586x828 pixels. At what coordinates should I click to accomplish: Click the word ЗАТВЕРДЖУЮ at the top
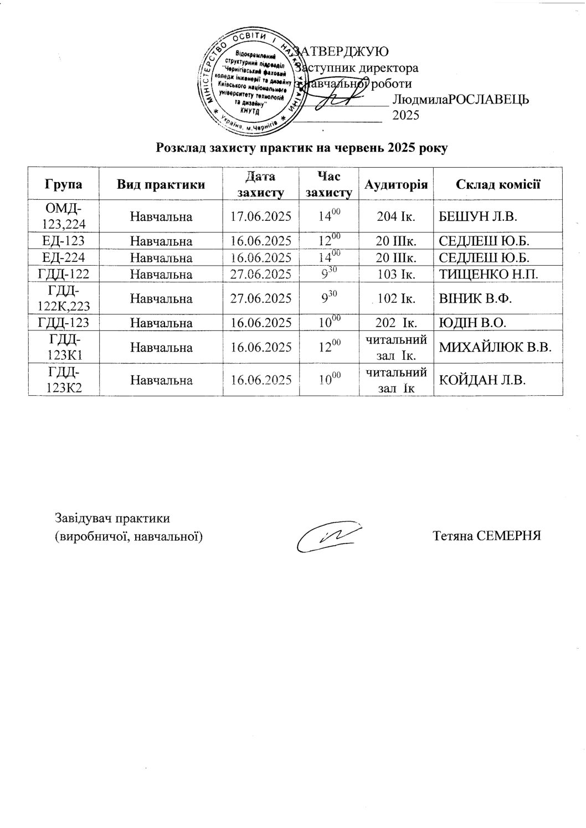pos(342,51)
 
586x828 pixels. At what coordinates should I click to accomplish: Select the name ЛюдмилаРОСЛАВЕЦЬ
pos(460,100)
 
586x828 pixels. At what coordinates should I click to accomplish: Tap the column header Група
pos(63,184)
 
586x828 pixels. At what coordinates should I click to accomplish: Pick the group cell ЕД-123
pos(63,241)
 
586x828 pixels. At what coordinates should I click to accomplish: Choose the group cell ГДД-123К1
pos(63,348)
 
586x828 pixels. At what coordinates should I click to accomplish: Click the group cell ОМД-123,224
pos(63,216)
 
